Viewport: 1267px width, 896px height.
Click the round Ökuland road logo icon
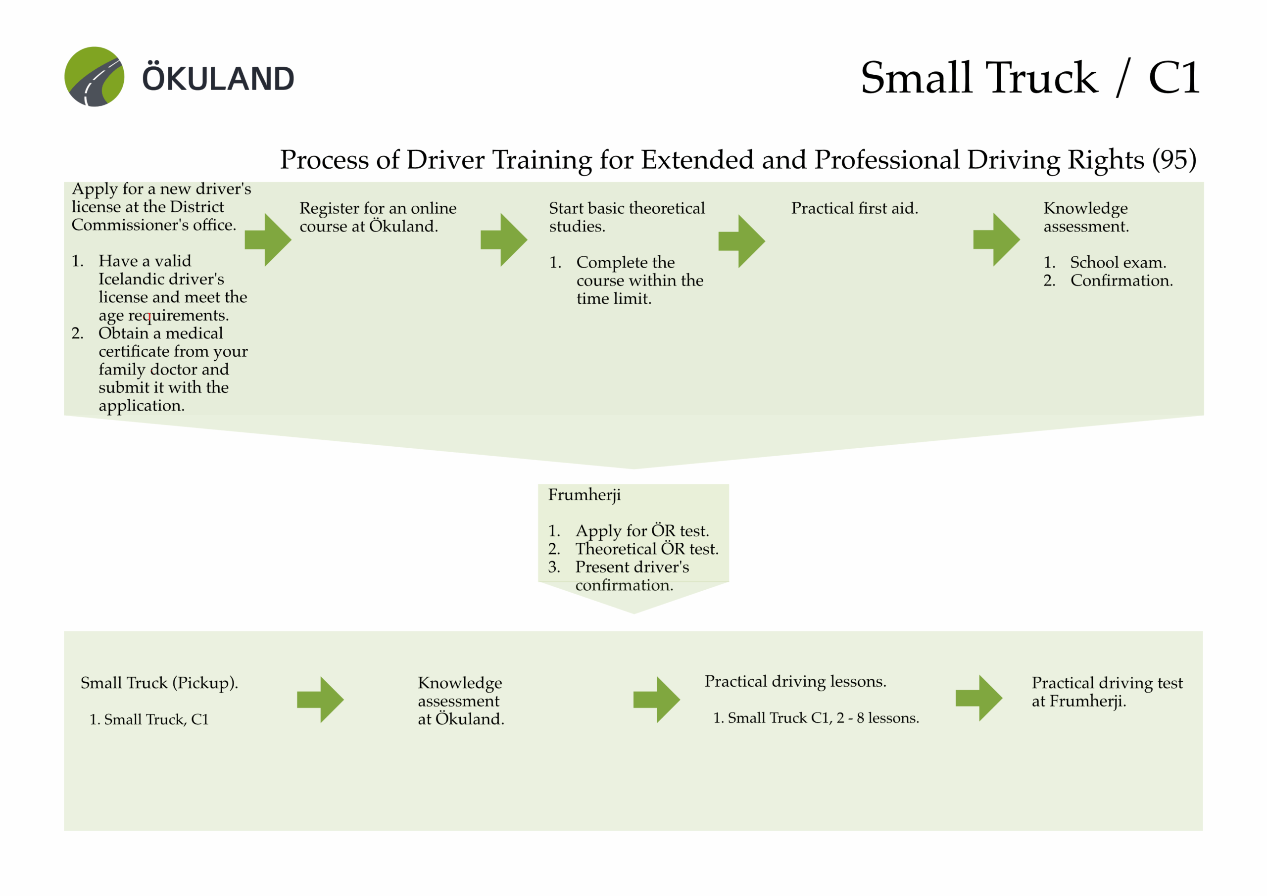95,77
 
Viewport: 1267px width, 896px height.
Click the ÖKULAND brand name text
219,79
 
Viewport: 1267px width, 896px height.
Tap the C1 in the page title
1174,78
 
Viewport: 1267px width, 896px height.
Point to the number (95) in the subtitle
1174,160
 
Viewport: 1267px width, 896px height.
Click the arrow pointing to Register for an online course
268,240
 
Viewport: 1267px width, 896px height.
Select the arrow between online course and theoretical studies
504,240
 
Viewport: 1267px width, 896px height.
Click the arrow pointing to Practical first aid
742,241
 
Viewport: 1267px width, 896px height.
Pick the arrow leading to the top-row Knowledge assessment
997,239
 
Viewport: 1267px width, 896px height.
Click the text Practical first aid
854,209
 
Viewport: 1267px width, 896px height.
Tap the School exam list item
1118,263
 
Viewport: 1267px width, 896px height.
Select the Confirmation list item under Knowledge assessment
1121,281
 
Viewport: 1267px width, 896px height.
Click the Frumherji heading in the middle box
584,495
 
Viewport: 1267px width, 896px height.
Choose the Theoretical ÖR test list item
646,549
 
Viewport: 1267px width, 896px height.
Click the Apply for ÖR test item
642,531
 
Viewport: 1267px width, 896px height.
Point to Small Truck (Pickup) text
159,683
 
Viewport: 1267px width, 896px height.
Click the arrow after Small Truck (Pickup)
321,700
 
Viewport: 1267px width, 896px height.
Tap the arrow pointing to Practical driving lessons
657,700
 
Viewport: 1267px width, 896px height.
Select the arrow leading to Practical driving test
979,698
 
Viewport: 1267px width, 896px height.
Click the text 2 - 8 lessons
877,718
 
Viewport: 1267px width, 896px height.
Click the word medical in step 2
194,333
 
